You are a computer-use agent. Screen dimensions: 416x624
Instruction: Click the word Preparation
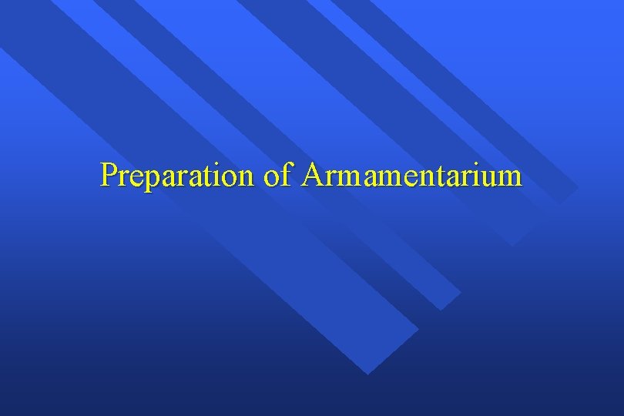[x=177, y=176]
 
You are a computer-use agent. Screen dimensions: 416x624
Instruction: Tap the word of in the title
[x=277, y=176]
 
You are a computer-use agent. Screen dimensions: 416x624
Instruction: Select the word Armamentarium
[x=412, y=176]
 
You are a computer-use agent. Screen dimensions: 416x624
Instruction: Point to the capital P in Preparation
[x=109, y=175]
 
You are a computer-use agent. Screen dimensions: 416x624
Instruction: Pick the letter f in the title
[x=287, y=175]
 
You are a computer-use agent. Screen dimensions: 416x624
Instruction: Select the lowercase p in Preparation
[x=151, y=180]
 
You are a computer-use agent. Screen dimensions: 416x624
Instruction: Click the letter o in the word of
[x=271, y=179]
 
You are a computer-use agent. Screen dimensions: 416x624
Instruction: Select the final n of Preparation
[x=245, y=179]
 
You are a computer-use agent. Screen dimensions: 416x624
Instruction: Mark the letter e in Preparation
[x=136, y=179]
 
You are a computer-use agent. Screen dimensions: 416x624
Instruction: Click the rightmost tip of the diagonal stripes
[x=578, y=187]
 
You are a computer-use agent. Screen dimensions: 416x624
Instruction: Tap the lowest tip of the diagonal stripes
[x=368, y=374]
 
